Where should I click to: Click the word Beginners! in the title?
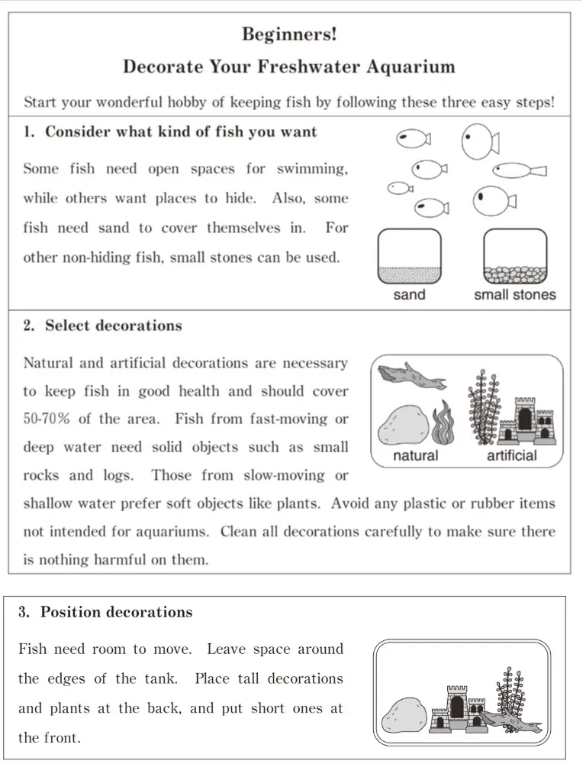click(289, 34)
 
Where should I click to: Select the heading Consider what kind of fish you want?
click(181, 131)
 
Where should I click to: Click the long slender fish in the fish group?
click(519, 170)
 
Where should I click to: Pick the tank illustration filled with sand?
click(410, 257)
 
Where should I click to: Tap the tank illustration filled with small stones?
click(515, 257)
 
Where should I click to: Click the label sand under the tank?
click(410, 295)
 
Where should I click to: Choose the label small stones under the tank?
click(515, 295)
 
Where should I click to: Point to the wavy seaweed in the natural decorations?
click(445, 424)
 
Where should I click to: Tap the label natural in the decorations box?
click(415, 456)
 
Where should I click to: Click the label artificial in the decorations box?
click(512, 456)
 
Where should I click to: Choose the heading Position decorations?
click(116, 612)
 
